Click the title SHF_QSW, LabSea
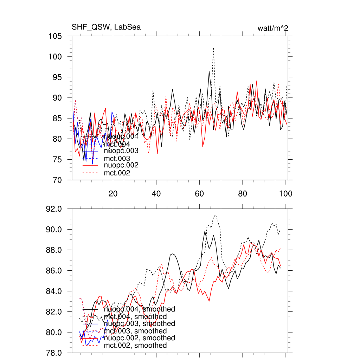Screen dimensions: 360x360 [106, 27]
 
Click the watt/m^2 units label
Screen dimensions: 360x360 [273, 28]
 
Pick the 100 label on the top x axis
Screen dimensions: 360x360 [285, 193]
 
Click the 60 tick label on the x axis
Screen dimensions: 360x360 [199, 193]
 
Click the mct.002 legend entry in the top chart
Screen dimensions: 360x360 [117, 173]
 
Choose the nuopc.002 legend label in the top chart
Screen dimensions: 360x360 [121, 165]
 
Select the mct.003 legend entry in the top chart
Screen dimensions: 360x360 [117, 159]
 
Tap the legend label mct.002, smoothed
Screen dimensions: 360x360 [135, 346]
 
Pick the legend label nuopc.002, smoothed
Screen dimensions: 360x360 [140, 338]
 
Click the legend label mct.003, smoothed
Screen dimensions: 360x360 [135, 331]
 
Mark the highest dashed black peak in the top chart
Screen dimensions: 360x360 [213, 48]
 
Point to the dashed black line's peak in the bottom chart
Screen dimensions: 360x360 [215, 215]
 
